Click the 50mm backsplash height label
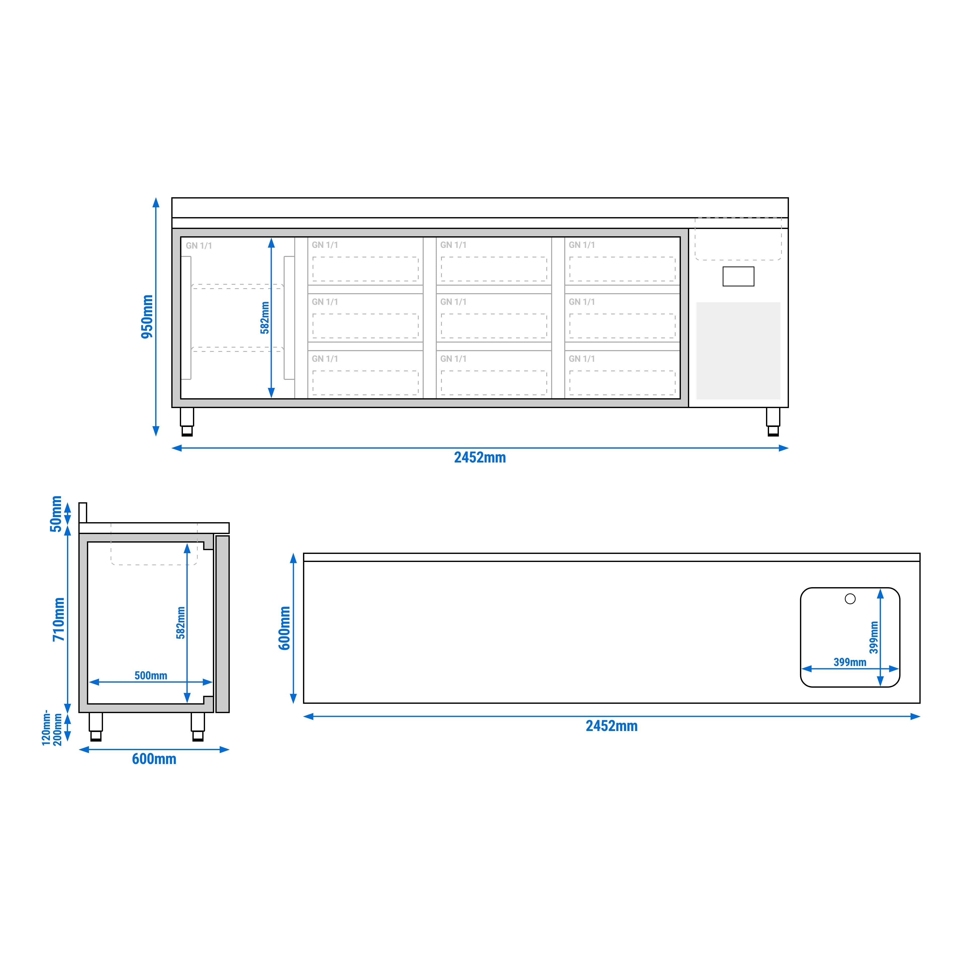(56, 514)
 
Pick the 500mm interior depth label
(151, 676)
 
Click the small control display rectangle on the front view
(738, 276)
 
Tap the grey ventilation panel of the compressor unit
(738, 351)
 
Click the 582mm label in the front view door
(265, 318)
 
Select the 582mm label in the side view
(181, 623)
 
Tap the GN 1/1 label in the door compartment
(199, 246)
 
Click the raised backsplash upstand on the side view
(83, 512)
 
